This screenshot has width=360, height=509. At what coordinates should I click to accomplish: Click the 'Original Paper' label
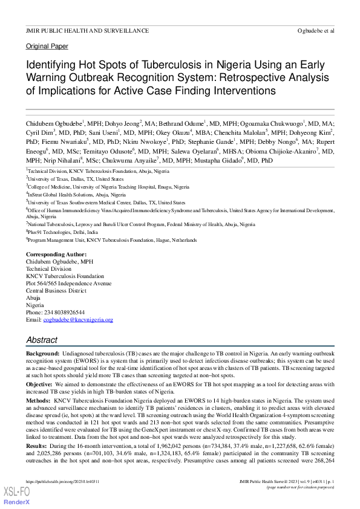pyautogui.click(x=47, y=47)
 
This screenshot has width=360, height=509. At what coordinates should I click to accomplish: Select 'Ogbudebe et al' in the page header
pyautogui.click(x=316, y=30)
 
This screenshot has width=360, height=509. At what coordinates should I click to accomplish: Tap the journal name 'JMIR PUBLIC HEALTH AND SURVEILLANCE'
pyautogui.click(x=87, y=30)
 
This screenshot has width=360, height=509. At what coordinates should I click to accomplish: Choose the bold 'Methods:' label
pyautogui.click(x=39, y=400)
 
